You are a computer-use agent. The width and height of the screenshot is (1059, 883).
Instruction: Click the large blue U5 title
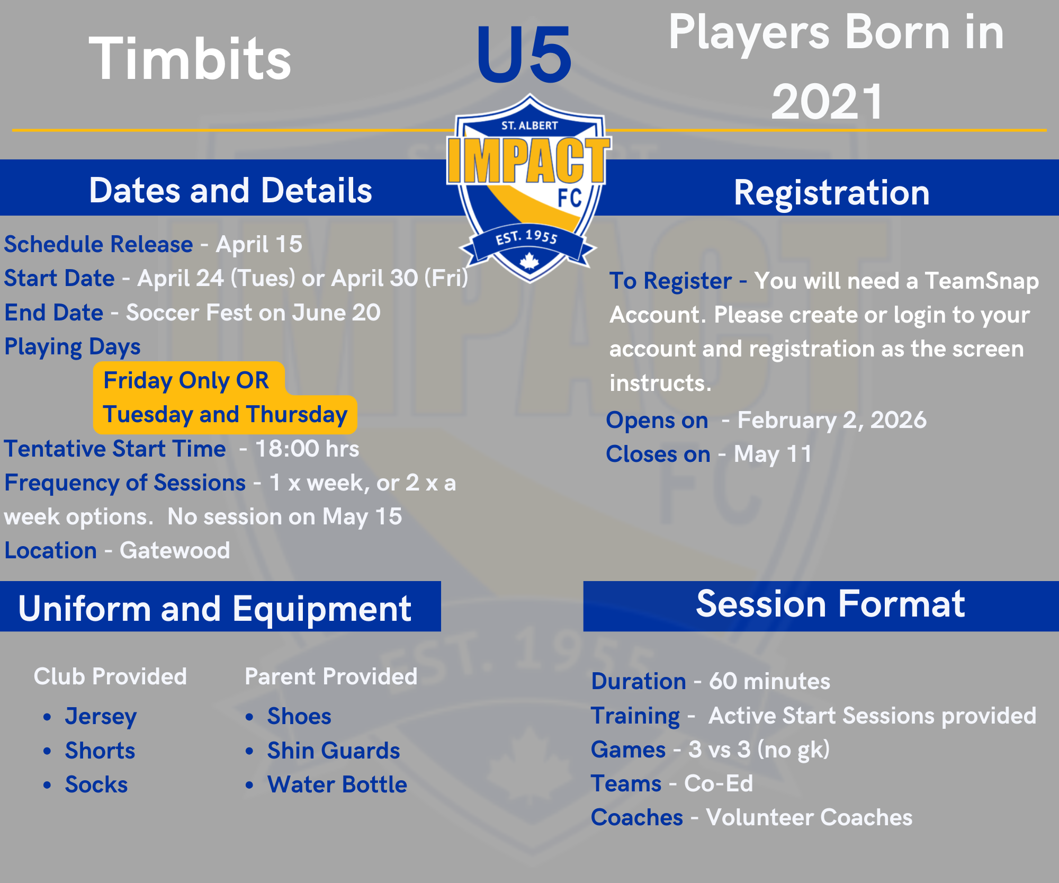coord(524,55)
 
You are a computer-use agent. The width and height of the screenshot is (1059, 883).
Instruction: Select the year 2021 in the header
coord(827,102)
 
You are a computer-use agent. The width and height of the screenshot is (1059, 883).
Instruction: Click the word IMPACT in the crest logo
coord(528,160)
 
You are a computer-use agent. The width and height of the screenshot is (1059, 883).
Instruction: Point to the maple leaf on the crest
coord(529,261)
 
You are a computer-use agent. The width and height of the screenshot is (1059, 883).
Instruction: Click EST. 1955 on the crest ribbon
coord(527,237)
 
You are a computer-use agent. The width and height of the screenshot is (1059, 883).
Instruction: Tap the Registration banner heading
coord(832,192)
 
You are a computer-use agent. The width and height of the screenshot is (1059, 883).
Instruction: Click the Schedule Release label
coord(98,244)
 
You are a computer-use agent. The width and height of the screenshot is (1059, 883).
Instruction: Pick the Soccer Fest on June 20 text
coord(253,313)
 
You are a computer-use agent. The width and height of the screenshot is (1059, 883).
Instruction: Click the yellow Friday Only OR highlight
coord(189,379)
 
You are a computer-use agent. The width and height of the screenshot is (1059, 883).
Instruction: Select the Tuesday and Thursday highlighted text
coord(225,415)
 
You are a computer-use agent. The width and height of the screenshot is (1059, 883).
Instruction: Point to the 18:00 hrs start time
coord(307,449)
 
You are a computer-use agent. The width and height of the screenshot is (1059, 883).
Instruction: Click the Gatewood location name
coord(175,551)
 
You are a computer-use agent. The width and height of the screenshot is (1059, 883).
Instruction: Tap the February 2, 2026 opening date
coord(832,420)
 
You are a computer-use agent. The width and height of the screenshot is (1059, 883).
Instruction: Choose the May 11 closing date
coord(773,454)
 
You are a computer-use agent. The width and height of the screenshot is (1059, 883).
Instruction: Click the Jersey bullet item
coord(101,717)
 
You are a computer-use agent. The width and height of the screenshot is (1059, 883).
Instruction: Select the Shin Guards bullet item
coord(334,751)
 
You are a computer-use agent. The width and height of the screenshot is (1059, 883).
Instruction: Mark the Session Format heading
coord(830,604)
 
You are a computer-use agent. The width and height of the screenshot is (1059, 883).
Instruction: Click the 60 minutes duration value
coord(769,682)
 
